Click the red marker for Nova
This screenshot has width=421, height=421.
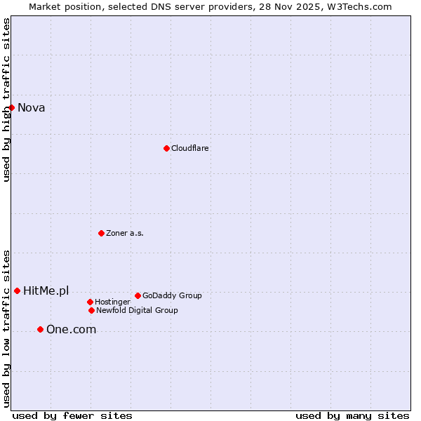(12, 107)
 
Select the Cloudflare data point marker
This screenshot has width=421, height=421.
(166, 148)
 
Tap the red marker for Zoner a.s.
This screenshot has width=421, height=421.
(101, 233)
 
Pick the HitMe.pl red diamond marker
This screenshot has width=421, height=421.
(18, 290)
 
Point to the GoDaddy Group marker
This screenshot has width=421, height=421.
(138, 295)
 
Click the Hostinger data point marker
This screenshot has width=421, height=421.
(90, 302)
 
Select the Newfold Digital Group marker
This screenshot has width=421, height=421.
(91, 310)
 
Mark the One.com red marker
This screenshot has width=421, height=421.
(40, 329)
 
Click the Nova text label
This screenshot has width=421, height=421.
(32, 107)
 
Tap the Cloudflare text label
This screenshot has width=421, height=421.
(190, 148)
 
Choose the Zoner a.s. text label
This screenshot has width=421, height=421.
(125, 233)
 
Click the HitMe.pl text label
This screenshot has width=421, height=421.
(46, 291)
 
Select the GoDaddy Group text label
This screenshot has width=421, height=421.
(172, 295)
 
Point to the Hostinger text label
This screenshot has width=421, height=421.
(112, 302)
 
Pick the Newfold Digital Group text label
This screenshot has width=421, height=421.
(137, 310)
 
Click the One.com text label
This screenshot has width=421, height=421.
(71, 330)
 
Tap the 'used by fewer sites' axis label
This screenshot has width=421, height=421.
(72, 415)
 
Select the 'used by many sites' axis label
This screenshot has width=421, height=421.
(352, 415)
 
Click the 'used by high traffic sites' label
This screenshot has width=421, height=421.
(7, 100)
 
